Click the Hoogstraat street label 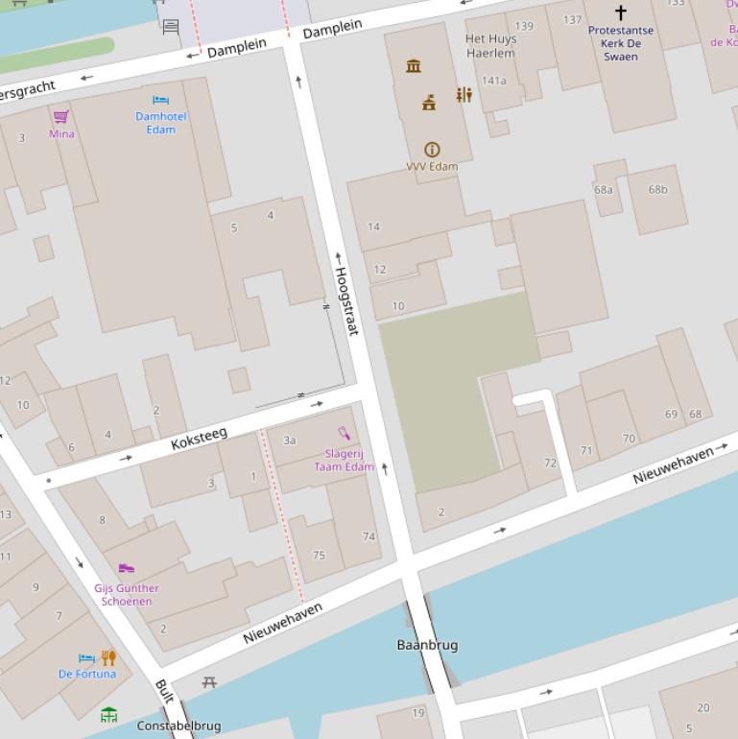coord(345,300)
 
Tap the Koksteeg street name coord(199,440)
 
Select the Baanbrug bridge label coord(427,645)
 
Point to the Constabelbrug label coord(179,726)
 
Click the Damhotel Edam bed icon coord(160,100)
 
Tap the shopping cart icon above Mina coord(61,117)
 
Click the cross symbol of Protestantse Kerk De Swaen coord(620,12)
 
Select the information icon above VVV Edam coord(432,150)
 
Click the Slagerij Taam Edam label coord(344,460)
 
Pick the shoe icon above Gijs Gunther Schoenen coord(126,569)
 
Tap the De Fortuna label coord(87,674)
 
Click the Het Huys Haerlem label coord(490,46)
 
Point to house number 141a coord(493,81)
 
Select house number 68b coord(657,189)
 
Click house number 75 coord(319,555)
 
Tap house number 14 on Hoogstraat coord(373,226)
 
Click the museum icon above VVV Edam coord(414,66)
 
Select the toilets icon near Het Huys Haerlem coord(464,95)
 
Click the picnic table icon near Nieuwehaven coord(209,682)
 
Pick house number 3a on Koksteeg coord(289,441)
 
